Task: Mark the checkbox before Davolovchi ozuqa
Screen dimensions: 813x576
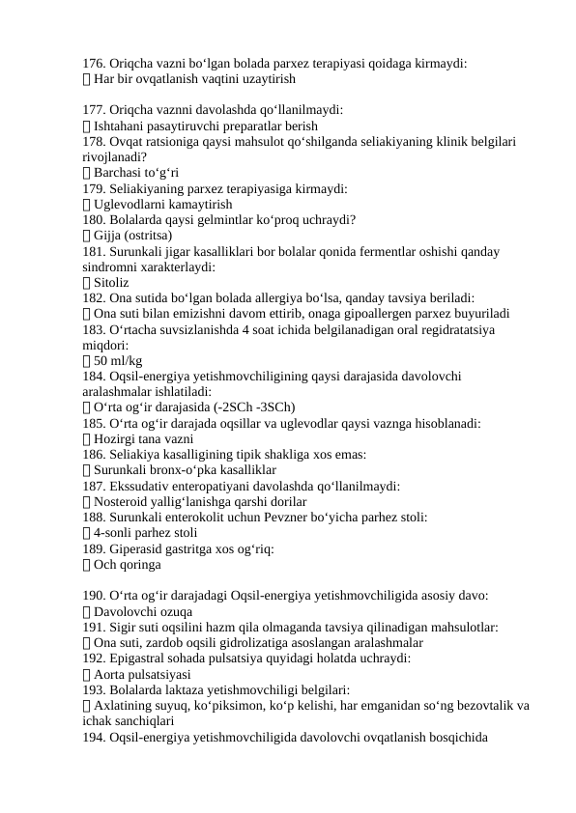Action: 88,611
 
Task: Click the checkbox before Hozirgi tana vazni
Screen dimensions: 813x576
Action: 88,438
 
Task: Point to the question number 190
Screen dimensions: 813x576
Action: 95,596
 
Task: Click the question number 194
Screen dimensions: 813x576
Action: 95,737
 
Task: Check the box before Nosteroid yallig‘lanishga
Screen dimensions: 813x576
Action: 88,501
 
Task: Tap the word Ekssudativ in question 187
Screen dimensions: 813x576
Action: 145,486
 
